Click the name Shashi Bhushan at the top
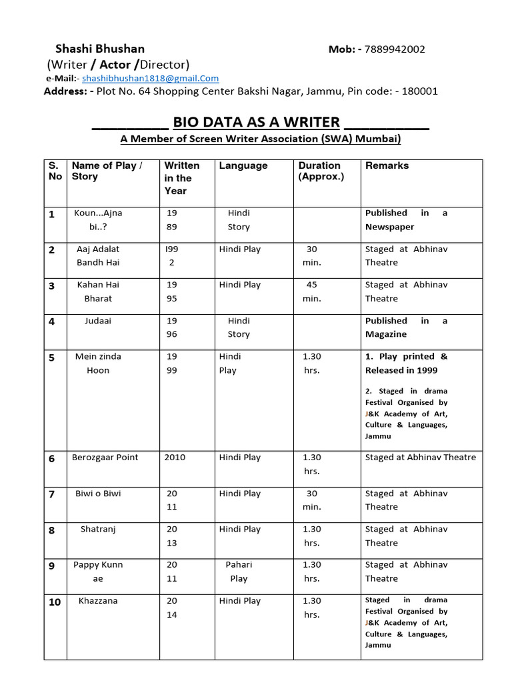point(99,49)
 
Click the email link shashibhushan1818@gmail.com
point(151,78)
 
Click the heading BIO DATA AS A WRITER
point(256,122)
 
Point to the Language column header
point(243,165)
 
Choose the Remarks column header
point(387,165)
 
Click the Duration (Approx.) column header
point(321,171)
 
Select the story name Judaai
point(98,321)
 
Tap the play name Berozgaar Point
point(105,458)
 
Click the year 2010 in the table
point(175,458)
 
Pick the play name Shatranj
point(98,530)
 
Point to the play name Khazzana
point(98,601)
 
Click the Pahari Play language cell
point(239,572)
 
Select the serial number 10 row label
point(55,602)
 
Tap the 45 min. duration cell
point(311,291)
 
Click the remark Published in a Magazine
point(406,327)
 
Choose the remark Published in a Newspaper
point(406,220)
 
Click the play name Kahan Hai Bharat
point(98,291)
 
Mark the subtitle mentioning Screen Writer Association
point(261,139)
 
